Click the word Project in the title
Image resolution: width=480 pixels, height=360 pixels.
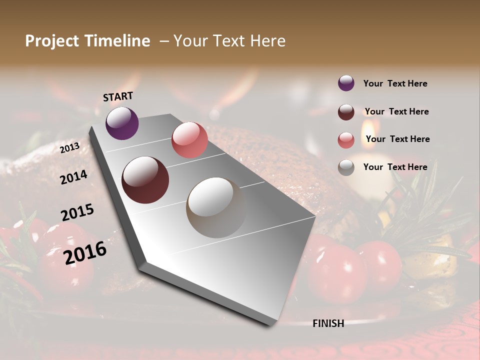52,41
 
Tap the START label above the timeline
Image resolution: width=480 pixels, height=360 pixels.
118,96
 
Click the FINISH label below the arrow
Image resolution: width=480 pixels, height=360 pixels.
328,323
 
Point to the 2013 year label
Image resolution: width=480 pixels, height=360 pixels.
69,148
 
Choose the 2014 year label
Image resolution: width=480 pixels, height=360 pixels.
73,177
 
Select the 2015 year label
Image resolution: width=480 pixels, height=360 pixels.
77,212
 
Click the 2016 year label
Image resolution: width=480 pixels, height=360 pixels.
85,252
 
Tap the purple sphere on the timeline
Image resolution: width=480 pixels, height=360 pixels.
122,123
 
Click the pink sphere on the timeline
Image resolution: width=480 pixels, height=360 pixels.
189,140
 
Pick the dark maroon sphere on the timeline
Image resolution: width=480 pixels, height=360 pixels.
145,180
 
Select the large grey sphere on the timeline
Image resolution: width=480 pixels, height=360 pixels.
216,207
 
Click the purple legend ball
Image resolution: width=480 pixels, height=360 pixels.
346,83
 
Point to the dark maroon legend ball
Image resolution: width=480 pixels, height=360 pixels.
346,112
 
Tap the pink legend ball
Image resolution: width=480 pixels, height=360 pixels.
346,140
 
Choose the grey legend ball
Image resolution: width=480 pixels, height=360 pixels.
346,167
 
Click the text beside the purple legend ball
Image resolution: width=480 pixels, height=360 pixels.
395,83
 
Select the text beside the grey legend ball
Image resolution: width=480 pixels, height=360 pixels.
395,167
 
